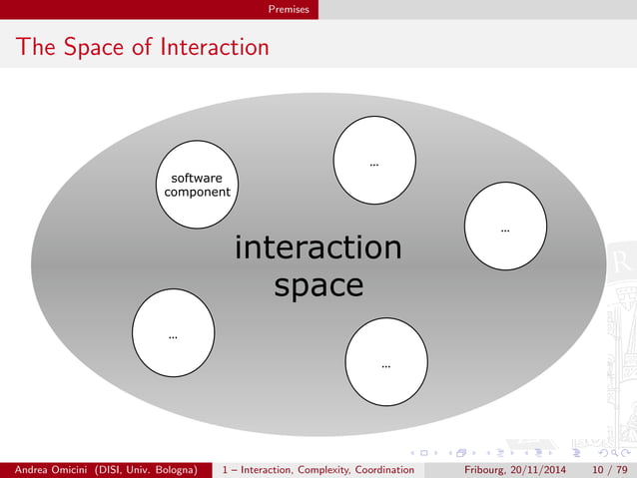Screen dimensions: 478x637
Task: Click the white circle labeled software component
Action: [197, 185]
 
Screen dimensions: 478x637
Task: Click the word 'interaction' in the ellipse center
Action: [318, 247]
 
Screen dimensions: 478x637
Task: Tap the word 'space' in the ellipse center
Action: [318, 285]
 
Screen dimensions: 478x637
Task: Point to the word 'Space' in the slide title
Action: [87, 47]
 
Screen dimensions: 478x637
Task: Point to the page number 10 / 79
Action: [611, 469]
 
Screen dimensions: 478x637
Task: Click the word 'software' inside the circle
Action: [197, 178]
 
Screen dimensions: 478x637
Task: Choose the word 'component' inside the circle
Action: [197, 192]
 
